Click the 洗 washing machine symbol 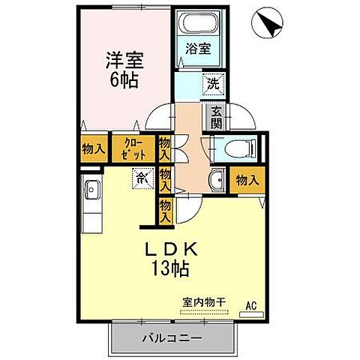click(x=213, y=85)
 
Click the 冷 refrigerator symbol click(x=142, y=178)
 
